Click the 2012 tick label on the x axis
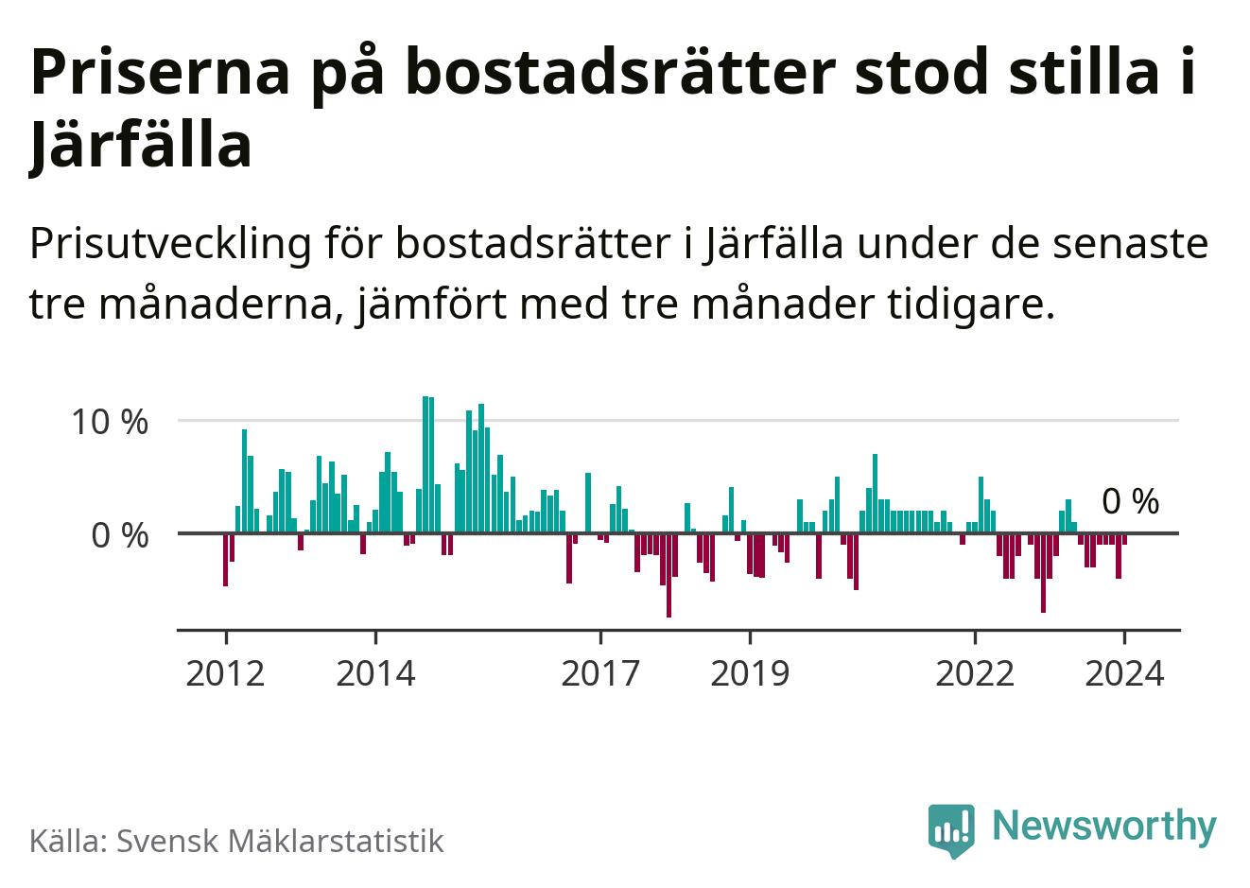click(226, 673)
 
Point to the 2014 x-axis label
click(375, 673)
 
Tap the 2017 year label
click(600, 673)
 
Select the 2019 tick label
click(750, 673)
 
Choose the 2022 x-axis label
click(975, 673)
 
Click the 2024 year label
click(1124, 673)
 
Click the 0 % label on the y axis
click(120, 535)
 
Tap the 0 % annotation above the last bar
click(1131, 502)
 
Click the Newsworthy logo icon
click(950, 830)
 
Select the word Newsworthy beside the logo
click(1104, 826)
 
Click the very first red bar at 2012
click(225, 559)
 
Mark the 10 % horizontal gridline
click(662, 420)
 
